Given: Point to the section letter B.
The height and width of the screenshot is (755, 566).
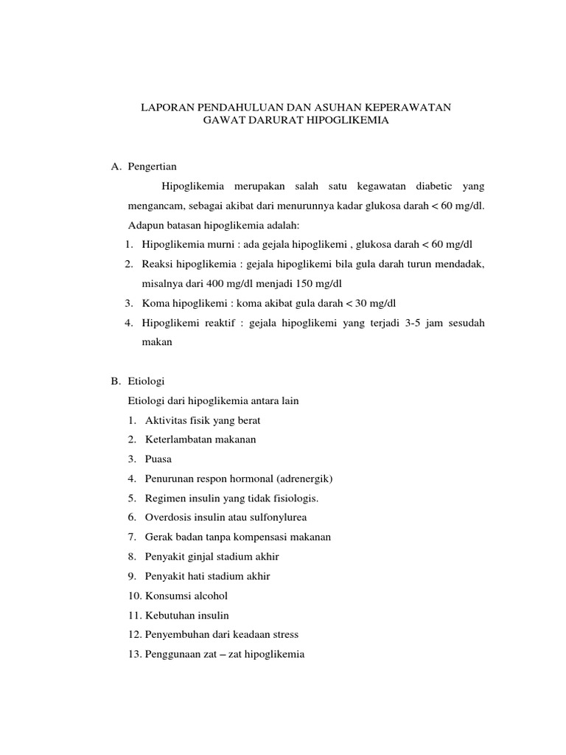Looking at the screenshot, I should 115,381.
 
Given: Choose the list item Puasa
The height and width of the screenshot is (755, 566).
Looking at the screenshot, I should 158,459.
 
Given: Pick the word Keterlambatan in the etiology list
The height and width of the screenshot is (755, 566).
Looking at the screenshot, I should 178,439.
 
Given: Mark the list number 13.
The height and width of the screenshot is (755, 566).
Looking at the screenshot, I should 135,653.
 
